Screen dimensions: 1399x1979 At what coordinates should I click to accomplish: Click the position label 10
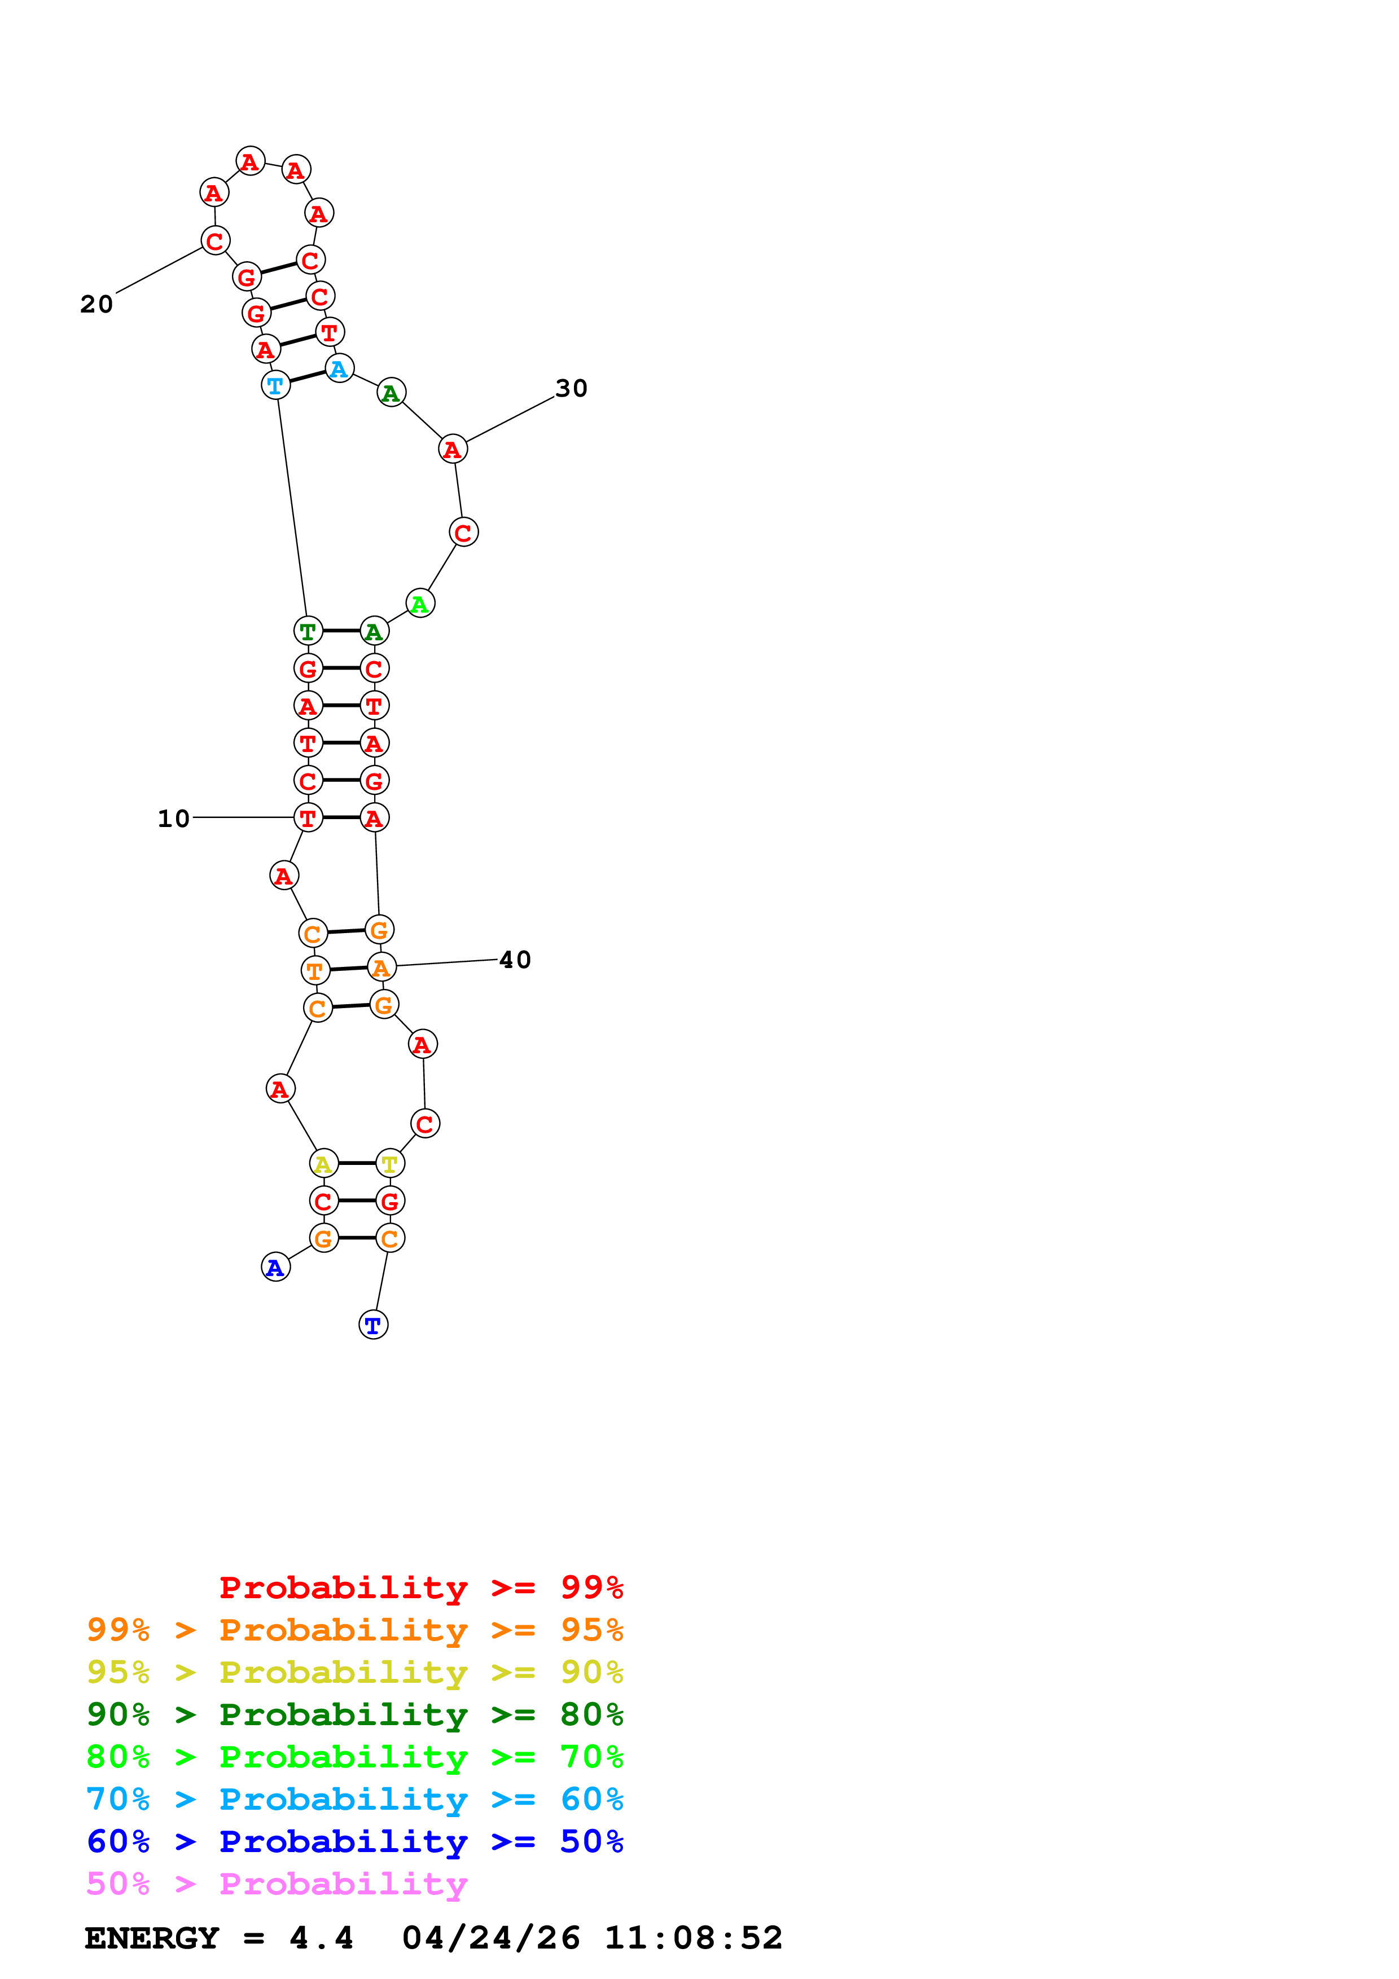[x=173, y=818]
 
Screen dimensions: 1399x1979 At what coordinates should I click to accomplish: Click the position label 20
[x=97, y=304]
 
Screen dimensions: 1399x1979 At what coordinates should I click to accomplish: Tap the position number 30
[x=571, y=389]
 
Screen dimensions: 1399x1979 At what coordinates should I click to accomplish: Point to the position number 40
[x=515, y=960]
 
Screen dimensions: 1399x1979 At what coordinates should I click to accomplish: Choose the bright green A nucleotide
[x=420, y=604]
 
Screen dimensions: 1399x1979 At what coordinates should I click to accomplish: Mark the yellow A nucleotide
[x=323, y=1164]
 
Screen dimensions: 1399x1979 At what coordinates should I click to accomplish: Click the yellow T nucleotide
[x=391, y=1164]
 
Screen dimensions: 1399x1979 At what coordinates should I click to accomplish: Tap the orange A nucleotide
[x=381, y=968]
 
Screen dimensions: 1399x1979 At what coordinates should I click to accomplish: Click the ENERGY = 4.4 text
[x=219, y=1938]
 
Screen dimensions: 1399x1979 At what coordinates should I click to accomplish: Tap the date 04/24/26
[x=490, y=1938]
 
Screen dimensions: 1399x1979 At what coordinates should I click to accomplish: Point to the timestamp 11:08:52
[x=693, y=1938]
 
